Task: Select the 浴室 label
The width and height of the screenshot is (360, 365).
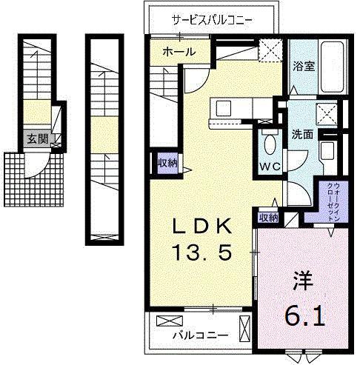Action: click(x=304, y=66)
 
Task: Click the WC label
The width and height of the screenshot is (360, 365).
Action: click(x=269, y=165)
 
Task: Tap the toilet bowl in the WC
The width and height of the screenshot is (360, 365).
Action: click(x=269, y=144)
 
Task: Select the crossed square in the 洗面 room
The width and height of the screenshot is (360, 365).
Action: click(x=325, y=114)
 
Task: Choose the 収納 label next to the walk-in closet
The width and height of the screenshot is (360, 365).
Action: click(x=268, y=218)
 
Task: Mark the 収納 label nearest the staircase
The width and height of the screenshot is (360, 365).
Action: click(x=167, y=163)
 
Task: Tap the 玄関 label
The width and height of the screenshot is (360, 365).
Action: click(x=36, y=138)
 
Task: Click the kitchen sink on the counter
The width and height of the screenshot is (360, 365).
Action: click(x=221, y=109)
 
